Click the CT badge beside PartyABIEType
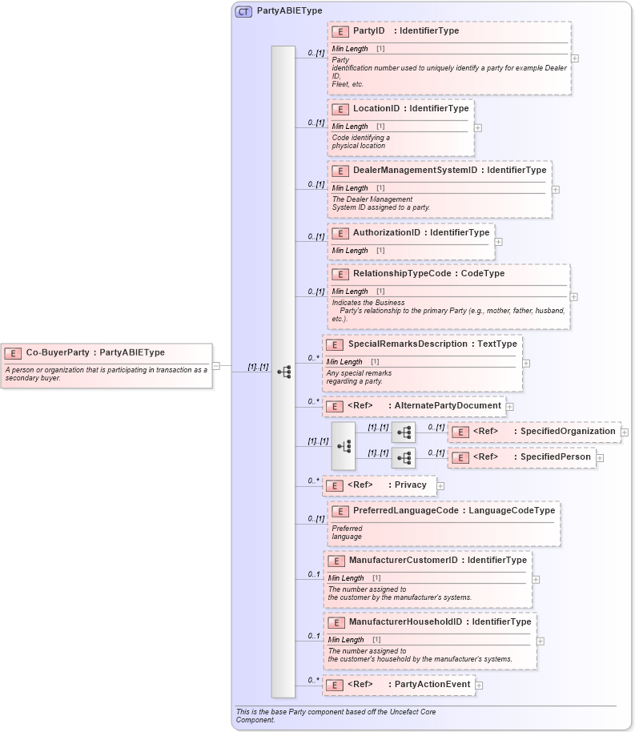[x=243, y=12]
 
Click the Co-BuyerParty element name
[x=95, y=352]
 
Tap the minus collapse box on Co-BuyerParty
[x=216, y=366]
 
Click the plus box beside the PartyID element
[x=575, y=58]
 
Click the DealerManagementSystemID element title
[x=449, y=170]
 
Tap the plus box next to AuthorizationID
[x=498, y=241]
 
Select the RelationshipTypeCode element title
[x=428, y=273]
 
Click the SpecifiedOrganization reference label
[x=544, y=432]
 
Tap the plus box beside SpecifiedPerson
[x=600, y=458]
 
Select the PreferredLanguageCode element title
[x=453, y=510]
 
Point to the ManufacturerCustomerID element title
[x=437, y=560]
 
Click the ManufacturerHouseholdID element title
[x=440, y=621]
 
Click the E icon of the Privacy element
[x=335, y=485]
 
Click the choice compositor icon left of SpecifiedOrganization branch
[x=343, y=445]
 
